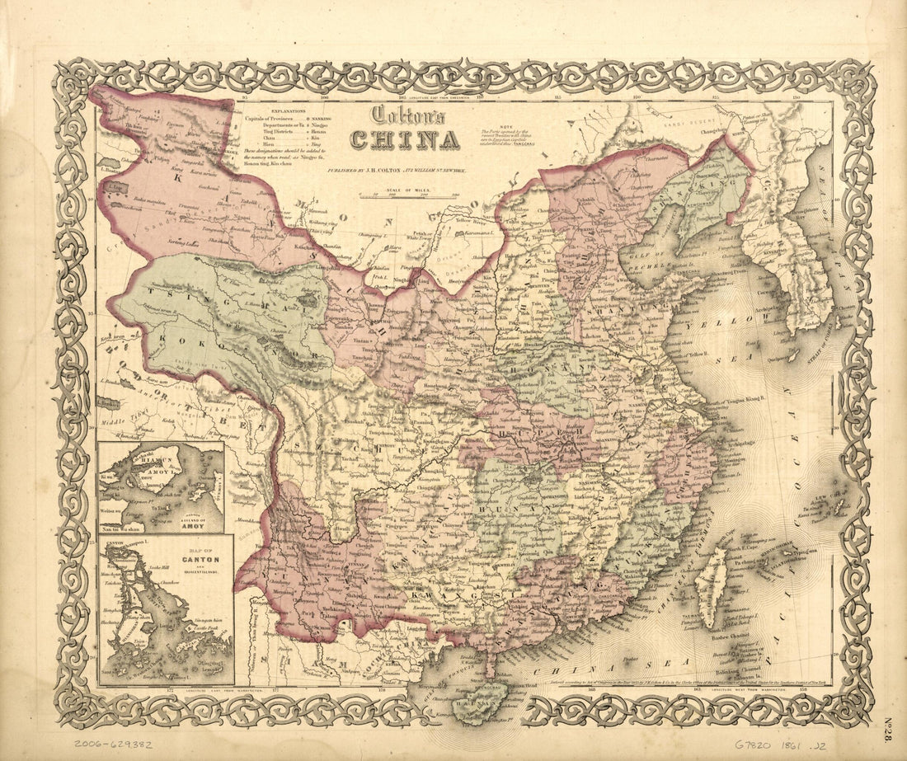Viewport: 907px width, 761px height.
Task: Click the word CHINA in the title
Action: pyautogui.click(x=404, y=140)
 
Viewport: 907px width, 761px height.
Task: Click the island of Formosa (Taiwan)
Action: pyautogui.click(x=710, y=576)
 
